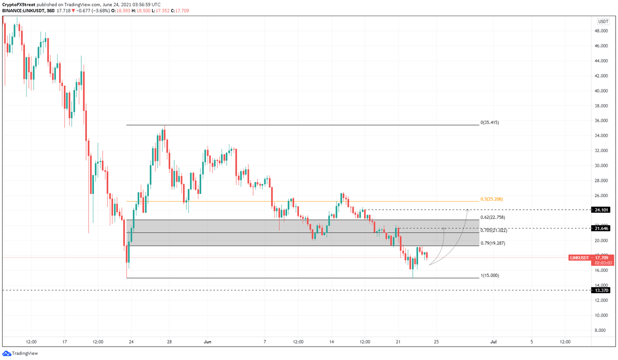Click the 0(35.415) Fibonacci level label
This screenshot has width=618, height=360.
(x=490, y=122)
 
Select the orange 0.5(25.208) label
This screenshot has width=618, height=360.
(x=491, y=199)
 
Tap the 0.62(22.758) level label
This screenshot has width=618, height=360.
(x=492, y=217)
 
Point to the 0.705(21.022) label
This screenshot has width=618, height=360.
(x=494, y=230)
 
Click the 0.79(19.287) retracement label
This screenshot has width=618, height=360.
(x=492, y=243)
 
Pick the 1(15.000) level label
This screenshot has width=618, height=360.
(x=490, y=276)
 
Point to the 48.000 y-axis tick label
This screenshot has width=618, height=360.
(x=601, y=31)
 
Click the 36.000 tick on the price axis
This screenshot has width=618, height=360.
(x=601, y=121)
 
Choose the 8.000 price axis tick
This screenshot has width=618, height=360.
(x=602, y=330)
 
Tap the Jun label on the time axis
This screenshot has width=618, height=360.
(x=208, y=342)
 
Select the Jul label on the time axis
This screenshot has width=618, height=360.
(x=493, y=342)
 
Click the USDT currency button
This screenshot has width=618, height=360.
(x=603, y=22)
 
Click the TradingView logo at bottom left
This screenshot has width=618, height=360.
(x=21, y=353)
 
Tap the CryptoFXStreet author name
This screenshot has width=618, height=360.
(x=19, y=5)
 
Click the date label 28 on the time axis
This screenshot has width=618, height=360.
(x=169, y=342)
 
